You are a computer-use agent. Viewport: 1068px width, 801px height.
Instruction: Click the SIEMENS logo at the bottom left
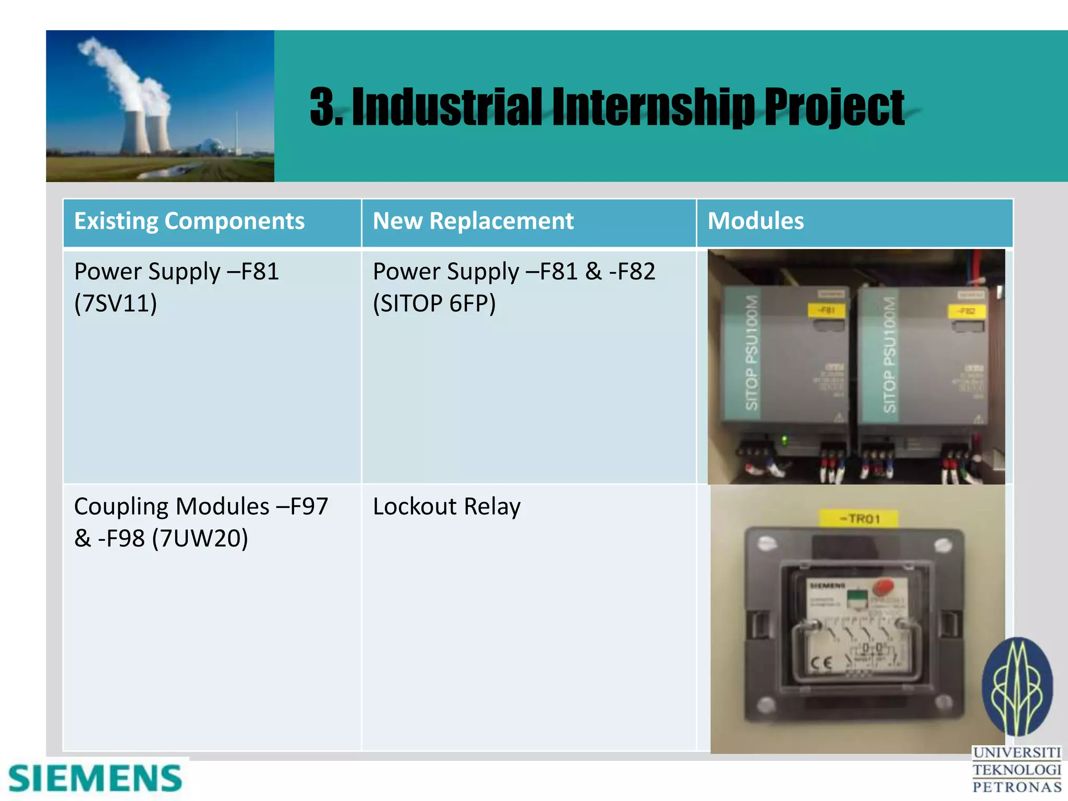95,779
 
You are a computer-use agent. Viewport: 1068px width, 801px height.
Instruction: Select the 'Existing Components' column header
189,221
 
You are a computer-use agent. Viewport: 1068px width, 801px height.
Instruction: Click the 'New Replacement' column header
473,221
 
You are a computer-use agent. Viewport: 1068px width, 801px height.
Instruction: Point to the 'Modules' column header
756,221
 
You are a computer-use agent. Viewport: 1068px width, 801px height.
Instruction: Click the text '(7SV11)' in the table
115,304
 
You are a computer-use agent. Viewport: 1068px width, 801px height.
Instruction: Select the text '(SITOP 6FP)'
434,304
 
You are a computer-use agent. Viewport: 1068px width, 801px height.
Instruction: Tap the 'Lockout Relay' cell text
447,507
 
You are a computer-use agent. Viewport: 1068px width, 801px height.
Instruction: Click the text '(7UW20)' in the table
200,539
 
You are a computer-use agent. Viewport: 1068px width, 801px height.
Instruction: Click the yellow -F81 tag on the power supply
826,311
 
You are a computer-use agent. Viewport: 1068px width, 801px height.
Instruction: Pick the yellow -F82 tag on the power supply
966,312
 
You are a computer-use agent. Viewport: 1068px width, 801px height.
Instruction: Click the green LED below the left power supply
784,441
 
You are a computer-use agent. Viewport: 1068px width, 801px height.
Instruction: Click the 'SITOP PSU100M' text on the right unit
890,355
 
